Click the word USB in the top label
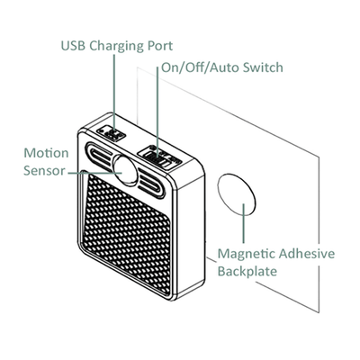[75, 45]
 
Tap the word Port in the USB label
[159, 45]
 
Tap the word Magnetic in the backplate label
[249, 255]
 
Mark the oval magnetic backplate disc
[236, 195]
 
